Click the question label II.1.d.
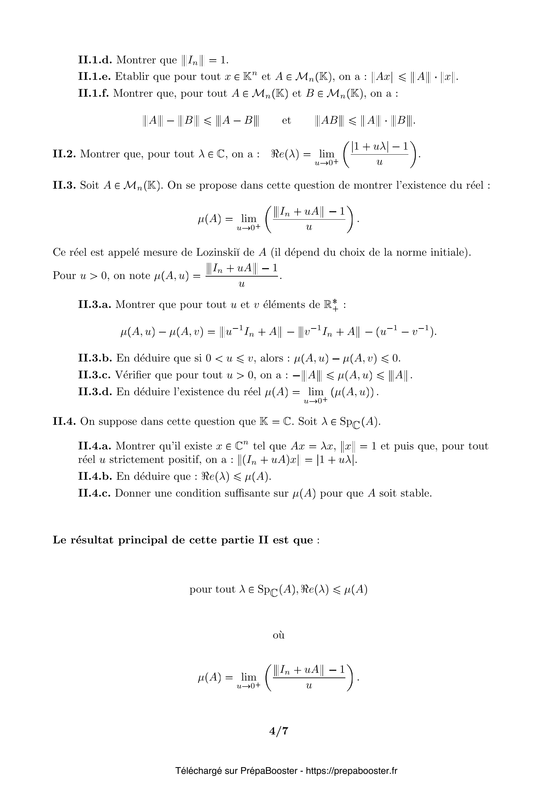pyautogui.click(x=95, y=60)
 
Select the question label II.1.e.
pyautogui.click(x=94, y=76)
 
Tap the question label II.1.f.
pyautogui.click(x=93, y=93)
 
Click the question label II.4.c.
pyautogui.click(x=94, y=493)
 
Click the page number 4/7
pyautogui.click(x=278, y=731)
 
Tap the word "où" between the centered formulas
pyautogui.click(x=278, y=635)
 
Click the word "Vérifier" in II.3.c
pyautogui.click(x=132, y=375)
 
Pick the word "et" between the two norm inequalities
pyautogui.click(x=286, y=121)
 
